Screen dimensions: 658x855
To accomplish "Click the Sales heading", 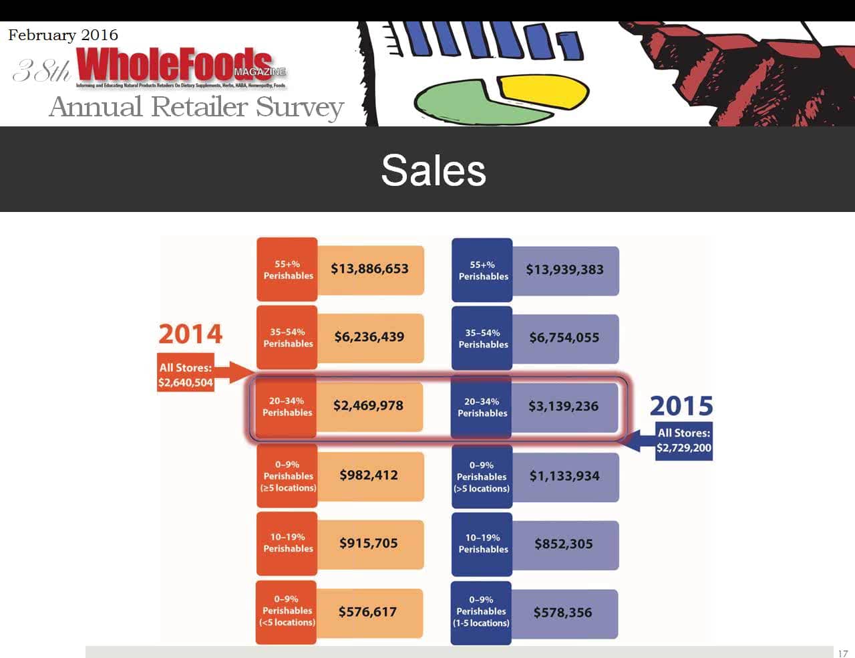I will click(x=433, y=170).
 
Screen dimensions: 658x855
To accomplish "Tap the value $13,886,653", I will click(x=369, y=269).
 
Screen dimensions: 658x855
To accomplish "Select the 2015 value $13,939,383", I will click(x=564, y=269).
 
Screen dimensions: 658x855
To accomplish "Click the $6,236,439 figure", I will click(x=369, y=337).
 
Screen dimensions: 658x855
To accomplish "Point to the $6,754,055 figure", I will click(x=564, y=338).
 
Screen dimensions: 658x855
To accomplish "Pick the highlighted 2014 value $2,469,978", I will click(x=368, y=405).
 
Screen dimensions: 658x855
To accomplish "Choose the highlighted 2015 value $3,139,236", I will click(x=563, y=406).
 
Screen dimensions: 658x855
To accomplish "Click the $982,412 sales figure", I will click(x=369, y=475).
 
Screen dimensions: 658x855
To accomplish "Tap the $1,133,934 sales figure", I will click(x=564, y=476).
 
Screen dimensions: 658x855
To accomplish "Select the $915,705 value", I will click(x=369, y=543).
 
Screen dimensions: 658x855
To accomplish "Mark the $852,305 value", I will click(x=564, y=544).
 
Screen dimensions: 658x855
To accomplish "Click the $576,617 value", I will click(x=367, y=612).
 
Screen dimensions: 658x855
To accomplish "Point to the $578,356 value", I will click(x=562, y=613).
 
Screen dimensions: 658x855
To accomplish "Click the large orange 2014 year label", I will click(x=190, y=334).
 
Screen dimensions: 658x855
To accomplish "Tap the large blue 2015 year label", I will click(x=681, y=406).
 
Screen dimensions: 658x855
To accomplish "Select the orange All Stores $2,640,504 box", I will click(x=186, y=375).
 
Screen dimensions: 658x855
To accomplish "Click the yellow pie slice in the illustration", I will click(x=544, y=91).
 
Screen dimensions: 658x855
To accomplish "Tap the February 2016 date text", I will click(x=63, y=35).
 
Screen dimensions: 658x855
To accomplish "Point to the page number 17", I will click(x=843, y=653).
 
